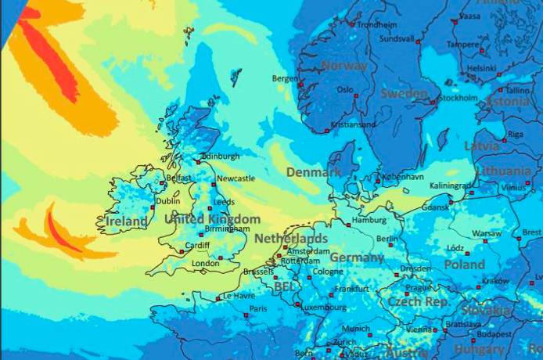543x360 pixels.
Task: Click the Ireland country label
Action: [x=126, y=222]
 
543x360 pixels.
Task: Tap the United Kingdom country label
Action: [x=211, y=219]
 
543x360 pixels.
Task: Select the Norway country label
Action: [x=344, y=67]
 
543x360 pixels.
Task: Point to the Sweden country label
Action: [x=404, y=93]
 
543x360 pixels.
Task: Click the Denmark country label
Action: [x=314, y=171]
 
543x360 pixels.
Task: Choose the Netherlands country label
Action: [x=291, y=238]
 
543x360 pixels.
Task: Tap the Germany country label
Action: [x=357, y=257]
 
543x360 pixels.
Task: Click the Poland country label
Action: [x=465, y=265]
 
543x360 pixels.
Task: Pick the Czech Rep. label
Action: [x=418, y=301]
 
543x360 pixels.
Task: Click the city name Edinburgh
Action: [x=221, y=157]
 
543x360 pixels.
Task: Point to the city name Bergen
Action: [x=285, y=78]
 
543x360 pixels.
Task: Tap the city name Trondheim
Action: [x=376, y=24]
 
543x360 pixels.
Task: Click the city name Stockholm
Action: [x=458, y=98]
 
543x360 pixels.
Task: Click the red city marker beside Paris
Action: [x=246, y=315]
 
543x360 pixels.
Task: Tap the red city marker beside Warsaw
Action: [x=486, y=241]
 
